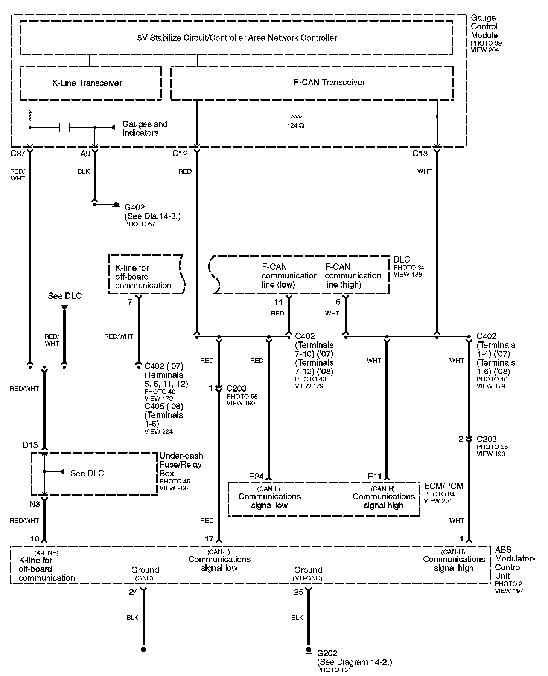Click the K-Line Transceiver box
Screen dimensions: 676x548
tap(87, 83)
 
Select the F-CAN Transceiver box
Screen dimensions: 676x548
tap(329, 82)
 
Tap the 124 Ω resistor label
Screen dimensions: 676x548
tap(295, 125)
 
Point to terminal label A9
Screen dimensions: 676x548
tap(85, 154)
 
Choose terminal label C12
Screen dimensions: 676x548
tap(180, 154)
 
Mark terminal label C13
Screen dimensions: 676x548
tap(420, 154)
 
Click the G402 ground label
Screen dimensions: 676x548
tap(135, 207)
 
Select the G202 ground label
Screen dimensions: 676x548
tap(327, 653)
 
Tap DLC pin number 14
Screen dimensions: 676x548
tap(278, 302)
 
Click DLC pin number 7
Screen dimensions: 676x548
tap(130, 302)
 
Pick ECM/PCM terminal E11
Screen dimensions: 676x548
tap(375, 477)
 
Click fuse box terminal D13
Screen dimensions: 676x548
tap(30, 445)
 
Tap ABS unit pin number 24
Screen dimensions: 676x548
tap(134, 592)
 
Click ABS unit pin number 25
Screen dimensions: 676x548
tap(298, 592)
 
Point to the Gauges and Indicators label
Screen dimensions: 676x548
tap(145, 128)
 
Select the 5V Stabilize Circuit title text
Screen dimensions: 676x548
tap(237, 38)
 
